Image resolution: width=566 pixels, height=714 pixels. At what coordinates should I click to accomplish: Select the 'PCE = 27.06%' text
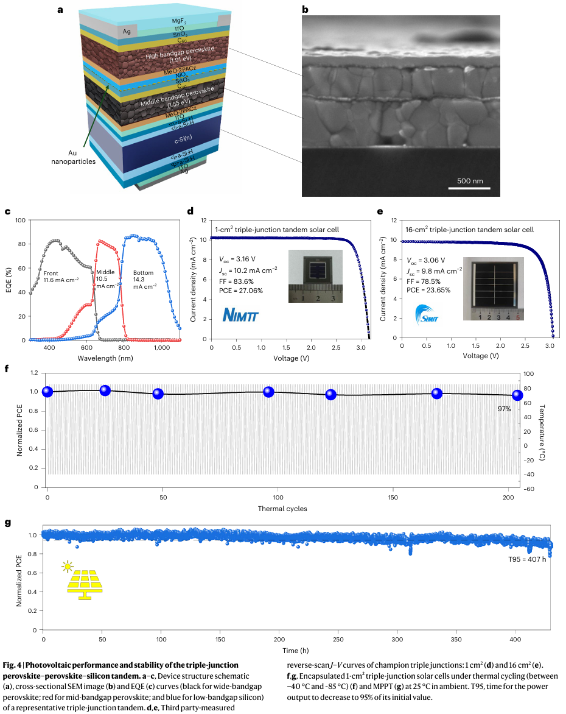pyautogui.click(x=242, y=291)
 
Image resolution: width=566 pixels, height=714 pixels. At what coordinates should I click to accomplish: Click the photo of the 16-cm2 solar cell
pyautogui.click(x=494, y=288)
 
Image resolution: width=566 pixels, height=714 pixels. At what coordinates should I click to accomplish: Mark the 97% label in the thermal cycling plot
pyautogui.click(x=504, y=409)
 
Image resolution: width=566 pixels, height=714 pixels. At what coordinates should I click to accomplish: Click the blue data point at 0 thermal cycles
pyautogui.click(x=47, y=392)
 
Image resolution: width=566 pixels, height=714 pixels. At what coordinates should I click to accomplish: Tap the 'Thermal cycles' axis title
pyautogui.click(x=282, y=508)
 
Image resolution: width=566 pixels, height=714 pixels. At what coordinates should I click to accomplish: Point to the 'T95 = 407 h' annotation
pyautogui.click(x=527, y=559)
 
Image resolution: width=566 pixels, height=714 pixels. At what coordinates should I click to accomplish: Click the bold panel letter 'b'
pyautogui.click(x=305, y=9)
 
